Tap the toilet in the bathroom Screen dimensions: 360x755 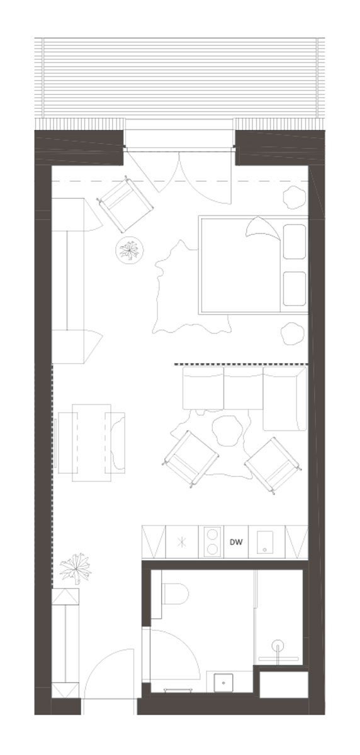point(174,593)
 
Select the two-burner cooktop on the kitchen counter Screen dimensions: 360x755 point(211,542)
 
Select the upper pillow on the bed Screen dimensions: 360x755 point(295,242)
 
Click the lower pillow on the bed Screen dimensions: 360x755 point(295,289)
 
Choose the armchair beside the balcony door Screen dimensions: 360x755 point(125,204)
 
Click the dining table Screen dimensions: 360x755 point(91,442)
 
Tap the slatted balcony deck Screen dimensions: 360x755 point(179,78)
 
